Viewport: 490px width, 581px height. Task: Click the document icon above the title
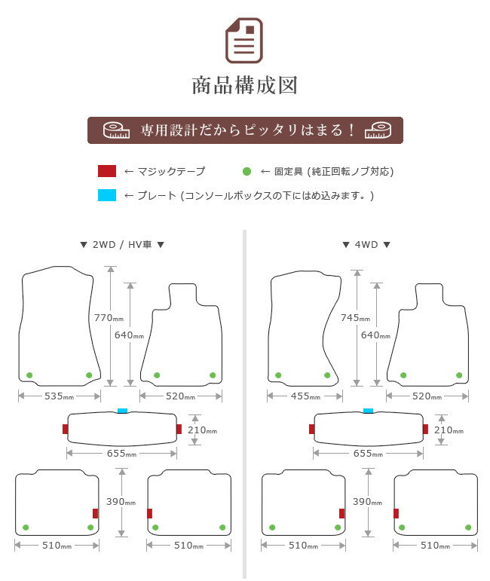click(244, 41)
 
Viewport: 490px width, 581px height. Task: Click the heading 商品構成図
click(245, 86)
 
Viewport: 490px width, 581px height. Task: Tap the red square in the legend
click(107, 171)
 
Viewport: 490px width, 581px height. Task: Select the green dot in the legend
click(247, 171)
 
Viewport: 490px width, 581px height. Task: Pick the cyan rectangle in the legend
click(107, 195)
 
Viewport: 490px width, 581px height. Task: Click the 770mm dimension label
click(109, 318)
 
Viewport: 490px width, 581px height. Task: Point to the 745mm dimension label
click(356, 318)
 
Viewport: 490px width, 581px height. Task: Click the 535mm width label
click(60, 396)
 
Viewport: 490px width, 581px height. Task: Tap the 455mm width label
click(305, 396)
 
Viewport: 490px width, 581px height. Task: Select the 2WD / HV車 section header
click(122, 245)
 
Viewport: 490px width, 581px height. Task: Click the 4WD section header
click(366, 245)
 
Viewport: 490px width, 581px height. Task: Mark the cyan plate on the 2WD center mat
click(122, 411)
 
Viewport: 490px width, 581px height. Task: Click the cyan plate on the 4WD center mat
click(368, 411)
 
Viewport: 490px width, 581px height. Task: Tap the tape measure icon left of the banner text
click(116, 130)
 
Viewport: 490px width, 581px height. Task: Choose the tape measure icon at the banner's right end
click(378, 130)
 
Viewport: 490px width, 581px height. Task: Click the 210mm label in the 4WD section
click(449, 430)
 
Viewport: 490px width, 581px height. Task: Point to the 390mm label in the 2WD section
click(121, 502)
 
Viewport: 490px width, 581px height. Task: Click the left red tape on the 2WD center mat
click(66, 429)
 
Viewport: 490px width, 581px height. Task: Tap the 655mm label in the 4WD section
click(368, 454)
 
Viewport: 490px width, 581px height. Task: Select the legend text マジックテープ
click(171, 171)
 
